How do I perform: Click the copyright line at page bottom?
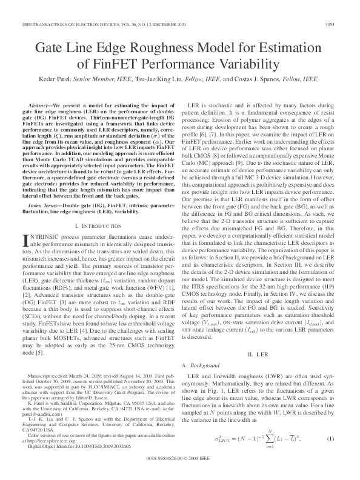179,459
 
